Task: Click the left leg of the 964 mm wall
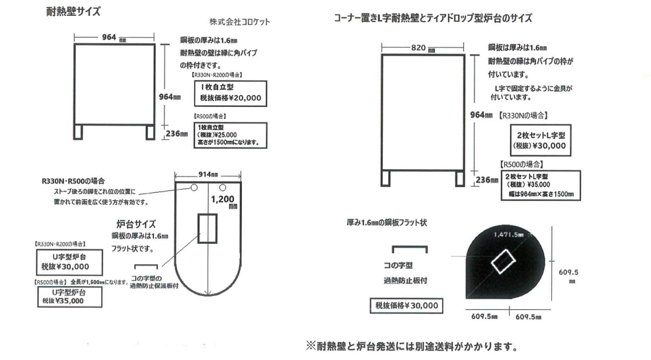79,131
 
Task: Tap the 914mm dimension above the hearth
206,175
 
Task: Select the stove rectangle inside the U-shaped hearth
208,228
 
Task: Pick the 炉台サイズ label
135,224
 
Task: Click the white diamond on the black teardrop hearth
502,262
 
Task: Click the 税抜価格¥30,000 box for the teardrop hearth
406,305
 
